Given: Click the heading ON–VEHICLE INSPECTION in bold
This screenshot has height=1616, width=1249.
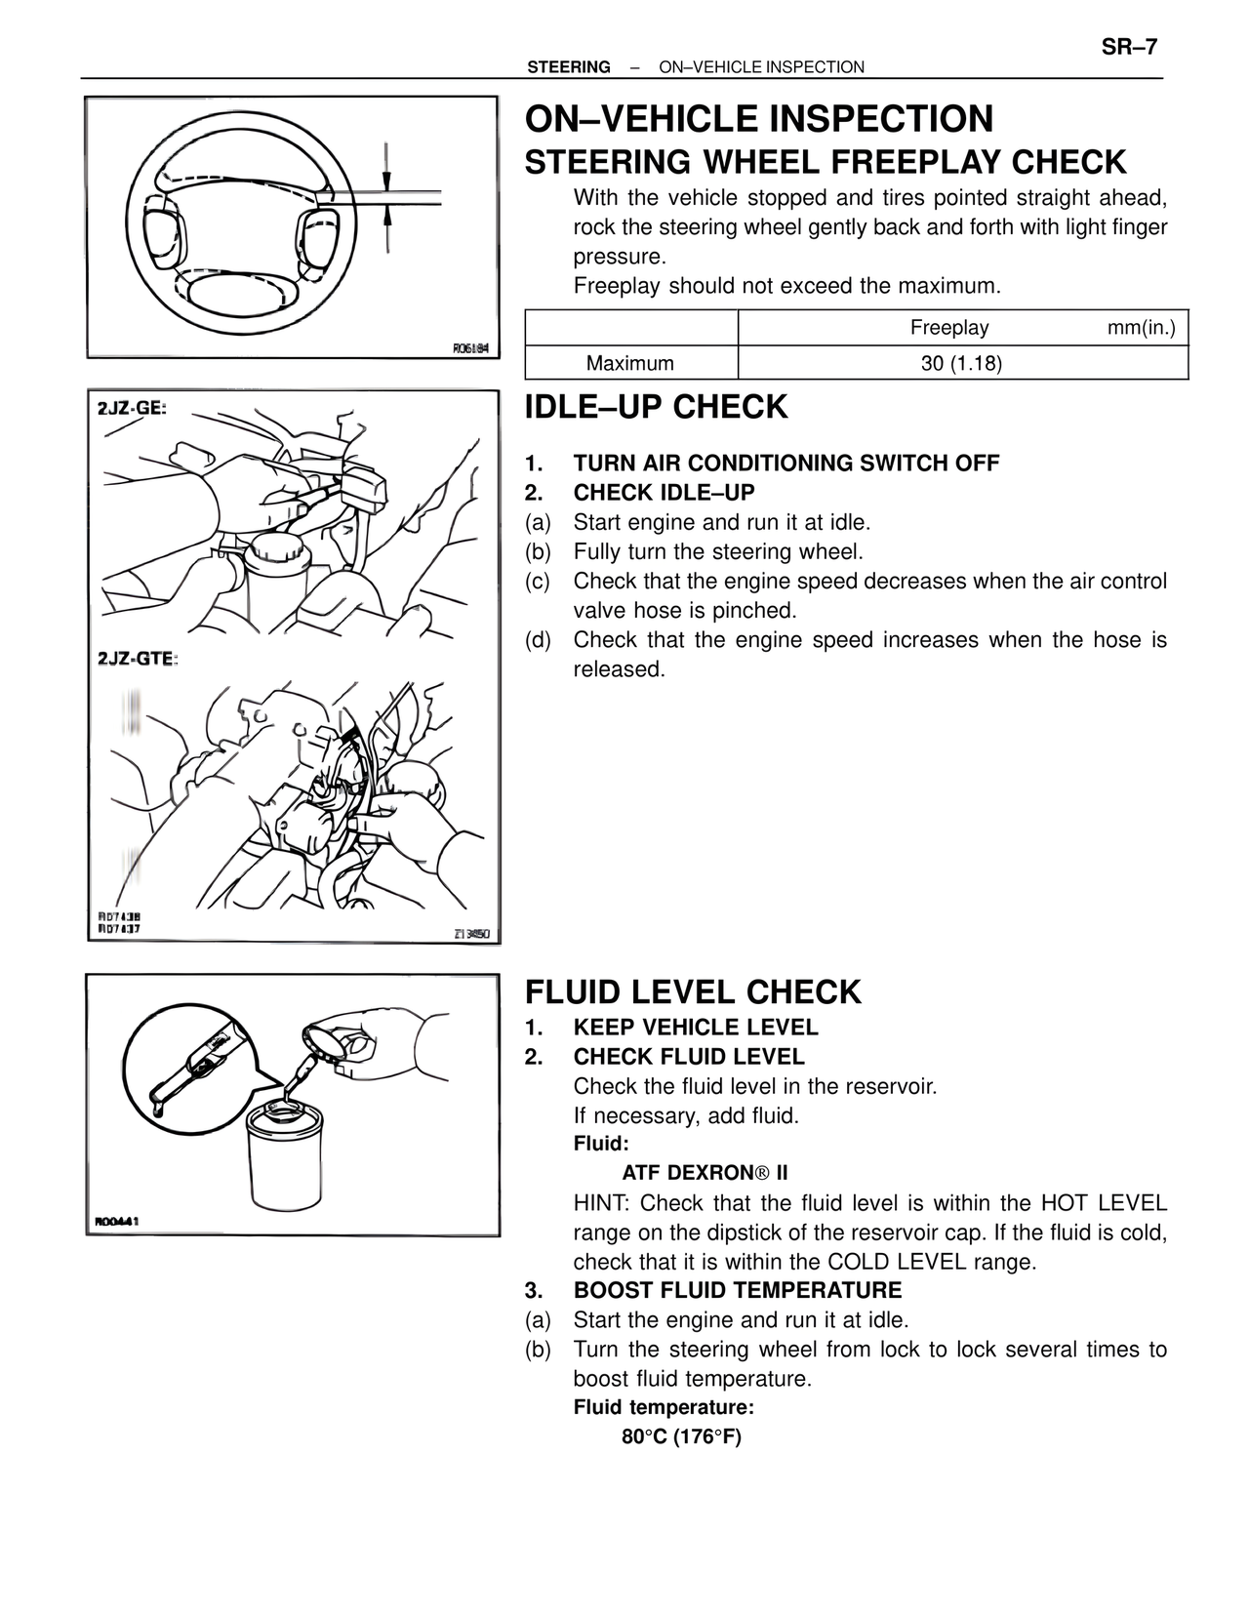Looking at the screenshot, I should click(x=759, y=119).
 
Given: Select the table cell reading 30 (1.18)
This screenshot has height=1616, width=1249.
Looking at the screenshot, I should click(x=961, y=364).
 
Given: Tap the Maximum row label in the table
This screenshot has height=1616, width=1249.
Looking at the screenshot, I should click(x=630, y=364).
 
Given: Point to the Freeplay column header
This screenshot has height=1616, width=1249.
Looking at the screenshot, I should click(x=948, y=328).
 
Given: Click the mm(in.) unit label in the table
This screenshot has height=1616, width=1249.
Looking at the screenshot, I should click(x=1141, y=328).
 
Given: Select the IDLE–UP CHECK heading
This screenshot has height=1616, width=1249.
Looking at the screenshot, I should click(x=656, y=407).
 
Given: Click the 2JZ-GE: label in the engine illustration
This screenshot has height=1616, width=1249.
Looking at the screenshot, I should click(x=133, y=408).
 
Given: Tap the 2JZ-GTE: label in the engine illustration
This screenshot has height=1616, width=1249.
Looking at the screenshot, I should click(x=138, y=660).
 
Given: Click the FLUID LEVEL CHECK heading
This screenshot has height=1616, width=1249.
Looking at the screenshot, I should click(x=693, y=992).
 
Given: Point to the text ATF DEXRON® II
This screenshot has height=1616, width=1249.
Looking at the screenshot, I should click(x=705, y=1172).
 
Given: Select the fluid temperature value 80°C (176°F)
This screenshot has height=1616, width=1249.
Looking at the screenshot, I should click(x=681, y=1437).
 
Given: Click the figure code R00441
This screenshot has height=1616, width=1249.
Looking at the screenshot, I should click(x=117, y=1221).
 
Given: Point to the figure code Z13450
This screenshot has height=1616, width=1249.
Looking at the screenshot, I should click(x=471, y=934).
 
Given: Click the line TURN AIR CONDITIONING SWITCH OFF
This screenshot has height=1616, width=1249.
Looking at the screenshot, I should click(x=786, y=464).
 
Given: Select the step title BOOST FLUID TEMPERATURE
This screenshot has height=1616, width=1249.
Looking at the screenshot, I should click(x=737, y=1291).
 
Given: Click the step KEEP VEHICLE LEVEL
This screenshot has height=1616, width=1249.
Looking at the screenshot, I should click(x=696, y=1028).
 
